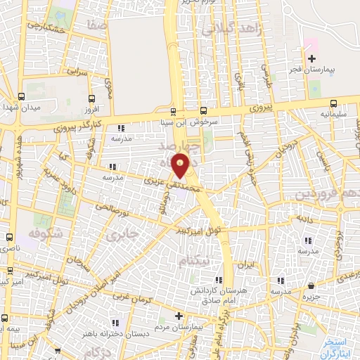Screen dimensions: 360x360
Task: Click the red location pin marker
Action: point(181,167)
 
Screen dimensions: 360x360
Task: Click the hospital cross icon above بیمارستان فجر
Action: point(311,58)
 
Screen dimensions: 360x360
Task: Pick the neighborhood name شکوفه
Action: point(47,232)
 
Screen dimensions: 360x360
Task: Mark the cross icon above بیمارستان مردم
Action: point(179,316)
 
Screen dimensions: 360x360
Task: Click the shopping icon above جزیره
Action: point(312,285)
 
